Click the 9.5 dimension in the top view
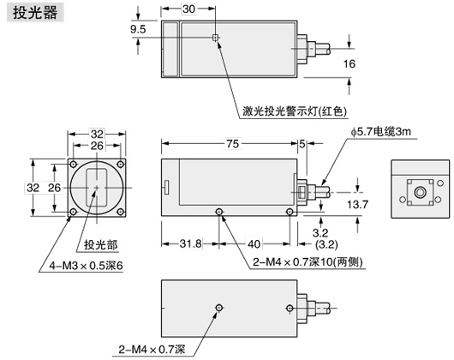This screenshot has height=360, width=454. point(138,30)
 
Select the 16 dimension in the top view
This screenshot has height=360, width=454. point(349,64)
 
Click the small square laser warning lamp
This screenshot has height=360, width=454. point(216,38)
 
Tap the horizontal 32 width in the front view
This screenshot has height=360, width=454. point(97,134)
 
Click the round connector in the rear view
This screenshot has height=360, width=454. point(420,195)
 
